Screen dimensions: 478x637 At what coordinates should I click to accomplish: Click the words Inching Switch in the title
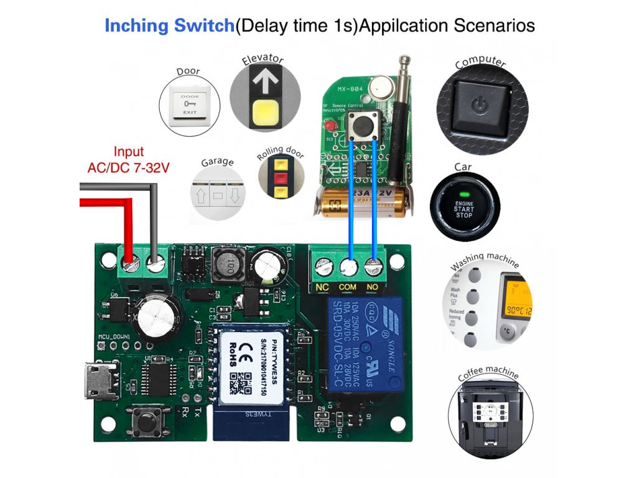coord(169,26)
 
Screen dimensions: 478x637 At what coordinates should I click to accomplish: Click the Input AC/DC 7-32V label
coord(128,159)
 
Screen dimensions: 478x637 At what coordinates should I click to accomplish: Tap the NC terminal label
coord(322,288)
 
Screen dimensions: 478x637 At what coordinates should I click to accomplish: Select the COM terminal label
coord(348,288)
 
